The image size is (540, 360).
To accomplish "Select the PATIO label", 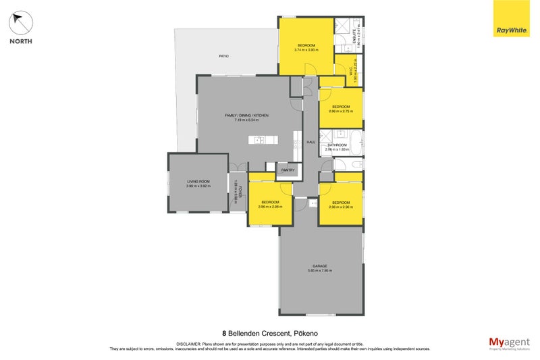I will pos(223,55).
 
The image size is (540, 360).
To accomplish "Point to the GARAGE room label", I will pos(320,266).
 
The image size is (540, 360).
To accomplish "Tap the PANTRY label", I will pos(288,170).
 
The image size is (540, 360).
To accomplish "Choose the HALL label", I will pos(311,142).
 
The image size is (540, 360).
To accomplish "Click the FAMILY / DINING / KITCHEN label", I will pos(247,115).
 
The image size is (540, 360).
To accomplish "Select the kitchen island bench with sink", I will pos(263,140).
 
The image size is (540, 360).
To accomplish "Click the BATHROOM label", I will pos(337,145).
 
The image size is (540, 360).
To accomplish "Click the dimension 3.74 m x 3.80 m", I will pos(305,49).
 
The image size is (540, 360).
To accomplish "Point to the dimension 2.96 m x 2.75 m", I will pos(340,110).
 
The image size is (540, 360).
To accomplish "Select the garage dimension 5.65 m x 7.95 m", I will pos(320,271).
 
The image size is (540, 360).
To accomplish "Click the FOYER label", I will pos(239,191).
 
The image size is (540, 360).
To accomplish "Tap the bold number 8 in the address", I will pos(224,333).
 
